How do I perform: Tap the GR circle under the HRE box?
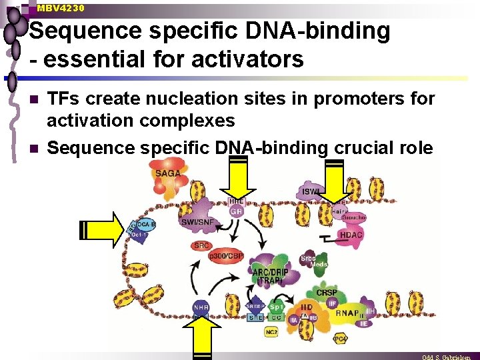point(236,211)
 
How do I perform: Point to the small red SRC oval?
point(201,245)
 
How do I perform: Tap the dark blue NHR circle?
point(201,307)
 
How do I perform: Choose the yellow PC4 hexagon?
point(340,339)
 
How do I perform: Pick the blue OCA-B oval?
point(147,225)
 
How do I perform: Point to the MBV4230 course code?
point(61,8)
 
